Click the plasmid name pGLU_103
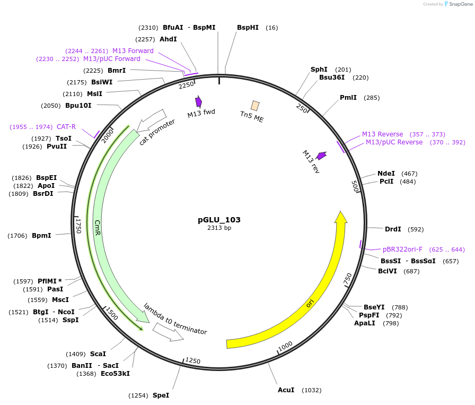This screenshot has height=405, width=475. [219, 219]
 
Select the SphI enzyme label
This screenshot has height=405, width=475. [319, 70]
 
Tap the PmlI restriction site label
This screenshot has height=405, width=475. [348, 98]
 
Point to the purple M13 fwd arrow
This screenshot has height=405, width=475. [199, 101]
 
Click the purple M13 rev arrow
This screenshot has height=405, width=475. [321, 156]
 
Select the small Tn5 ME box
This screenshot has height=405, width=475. [255, 106]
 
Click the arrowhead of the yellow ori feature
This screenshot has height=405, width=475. [341, 218]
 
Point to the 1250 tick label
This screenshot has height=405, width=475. [193, 361]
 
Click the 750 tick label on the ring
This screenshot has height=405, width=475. [348, 278]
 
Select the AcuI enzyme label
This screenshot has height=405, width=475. [286, 390]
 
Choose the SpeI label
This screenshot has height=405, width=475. [161, 395]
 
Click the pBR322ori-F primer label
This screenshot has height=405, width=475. [402, 249]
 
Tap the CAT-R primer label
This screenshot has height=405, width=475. [66, 127]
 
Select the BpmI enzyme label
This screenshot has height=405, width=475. [41, 235]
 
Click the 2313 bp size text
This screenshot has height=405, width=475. [219, 228]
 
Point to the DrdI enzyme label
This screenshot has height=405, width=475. [393, 229]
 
